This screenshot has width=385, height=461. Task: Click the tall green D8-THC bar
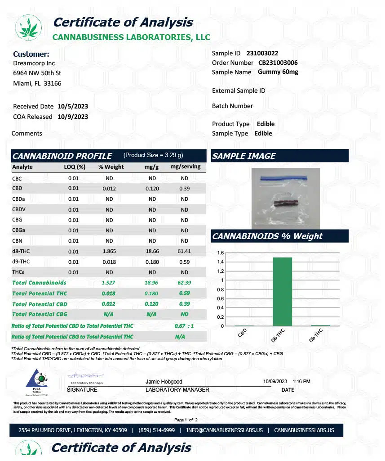click(x=282, y=291)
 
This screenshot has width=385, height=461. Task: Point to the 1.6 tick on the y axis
click(x=221, y=253)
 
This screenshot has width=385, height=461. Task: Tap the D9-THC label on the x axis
click(x=316, y=336)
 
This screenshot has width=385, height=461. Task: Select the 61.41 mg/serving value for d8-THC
click(x=184, y=251)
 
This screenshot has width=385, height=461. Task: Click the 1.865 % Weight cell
click(x=109, y=251)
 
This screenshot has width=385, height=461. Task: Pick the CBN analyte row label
click(x=17, y=241)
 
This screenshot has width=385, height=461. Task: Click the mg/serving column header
click(x=185, y=167)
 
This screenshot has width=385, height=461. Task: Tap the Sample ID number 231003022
click(x=262, y=53)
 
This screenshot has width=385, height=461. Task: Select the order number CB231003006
click(x=278, y=63)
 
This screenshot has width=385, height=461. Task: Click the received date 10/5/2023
click(x=73, y=106)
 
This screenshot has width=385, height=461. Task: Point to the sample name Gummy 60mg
click(x=279, y=72)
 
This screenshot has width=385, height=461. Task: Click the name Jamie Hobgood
click(x=164, y=382)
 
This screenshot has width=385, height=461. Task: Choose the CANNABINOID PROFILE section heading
click(x=62, y=156)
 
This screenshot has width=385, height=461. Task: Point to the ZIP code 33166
click(x=53, y=83)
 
